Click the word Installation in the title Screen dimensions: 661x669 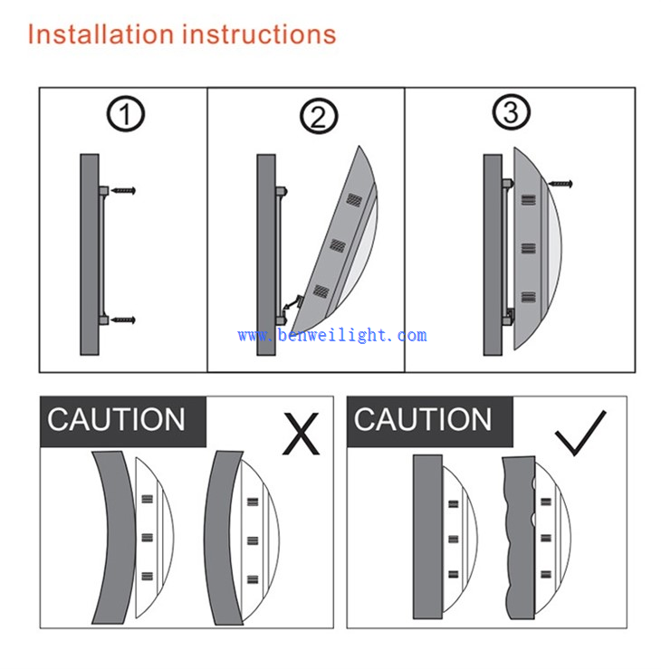pyautogui.click(x=101, y=34)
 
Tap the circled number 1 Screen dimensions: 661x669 pyautogui.click(x=126, y=114)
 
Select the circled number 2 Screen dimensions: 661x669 pyautogui.click(x=319, y=116)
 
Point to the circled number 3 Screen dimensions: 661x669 pyautogui.click(x=512, y=112)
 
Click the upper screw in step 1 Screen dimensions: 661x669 pyautogui.click(x=123, y=190)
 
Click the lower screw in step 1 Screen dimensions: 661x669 pyautogui.click(x=123, y=320)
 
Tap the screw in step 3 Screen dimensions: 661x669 pyautogui.click(x=560, y=184)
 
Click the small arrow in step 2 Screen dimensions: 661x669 pyautogui.click(x=292, y=303)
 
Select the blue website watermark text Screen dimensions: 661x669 pyautogui.click(x=332, y=335)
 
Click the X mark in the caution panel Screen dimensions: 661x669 pyautogui.click(x=302, y=434)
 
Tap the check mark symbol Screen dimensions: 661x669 pyautogui.click(x=580, y=433)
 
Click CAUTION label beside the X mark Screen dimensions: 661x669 pyautogui.click(x=116, y=420)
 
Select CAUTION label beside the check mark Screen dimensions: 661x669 pyautogui.click(x=423, y=420)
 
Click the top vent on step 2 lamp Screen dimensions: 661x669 pyautogui.click(x=354, y=199)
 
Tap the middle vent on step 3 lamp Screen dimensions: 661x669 pyautogui.click(x=528, y=248)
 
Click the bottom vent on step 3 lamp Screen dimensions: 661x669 pyautogui.click(x=528, y=297)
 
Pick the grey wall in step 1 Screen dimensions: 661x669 pyautogui.click(x=90, y=254)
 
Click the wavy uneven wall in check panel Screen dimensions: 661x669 pyautogui.click(x=520, y=538)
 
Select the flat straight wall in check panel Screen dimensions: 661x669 pyautogui.click(x=427, y=537)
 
